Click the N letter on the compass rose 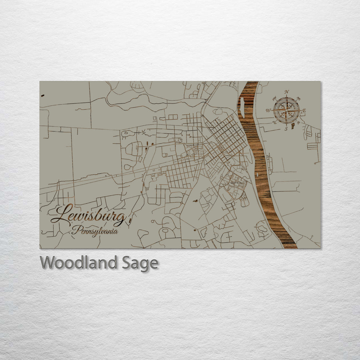287,92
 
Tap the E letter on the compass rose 304,111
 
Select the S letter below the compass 286,129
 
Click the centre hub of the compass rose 287,110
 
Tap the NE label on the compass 298,99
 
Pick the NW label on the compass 275,99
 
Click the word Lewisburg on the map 89,216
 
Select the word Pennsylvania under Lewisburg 95,230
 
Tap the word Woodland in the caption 78,263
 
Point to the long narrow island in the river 242,108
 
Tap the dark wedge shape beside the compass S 293,126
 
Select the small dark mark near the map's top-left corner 43,96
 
